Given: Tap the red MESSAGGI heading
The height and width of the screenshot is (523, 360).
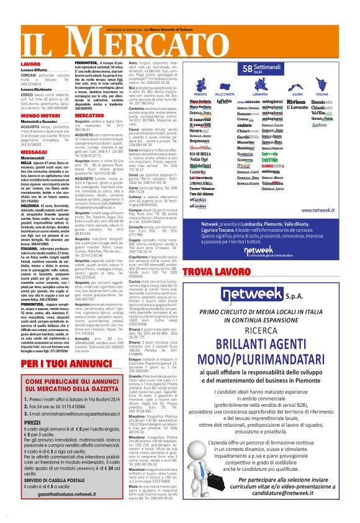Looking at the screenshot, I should point(18,152).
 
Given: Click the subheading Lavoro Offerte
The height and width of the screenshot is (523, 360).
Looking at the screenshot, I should point(17,70).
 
